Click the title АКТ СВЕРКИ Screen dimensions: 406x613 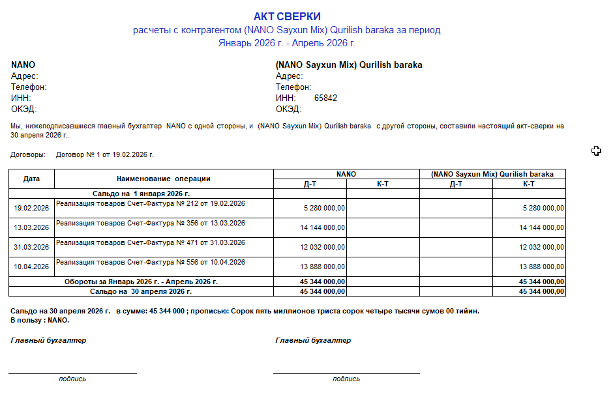tap(287, 16)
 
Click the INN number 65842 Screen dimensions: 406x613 tap(325, 98)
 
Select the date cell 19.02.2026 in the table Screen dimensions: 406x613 tap(31, 208)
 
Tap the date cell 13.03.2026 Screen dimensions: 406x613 tap(31, 227)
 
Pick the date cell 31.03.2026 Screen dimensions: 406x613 tap(31, 247)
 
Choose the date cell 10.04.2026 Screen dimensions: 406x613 tap(31, 267)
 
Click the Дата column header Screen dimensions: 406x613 tap(31, 179)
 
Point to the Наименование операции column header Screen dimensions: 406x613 tap(164, 179)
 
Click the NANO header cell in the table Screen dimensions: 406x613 tap(346, 174)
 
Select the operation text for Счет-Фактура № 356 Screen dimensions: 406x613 tap(151, 223)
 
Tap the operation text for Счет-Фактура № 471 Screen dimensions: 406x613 tap(151, 242)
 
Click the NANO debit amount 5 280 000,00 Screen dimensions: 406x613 tap(324, 208)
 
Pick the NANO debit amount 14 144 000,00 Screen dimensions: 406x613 tap(322, 227)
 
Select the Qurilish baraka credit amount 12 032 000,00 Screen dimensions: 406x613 tap(541, 247)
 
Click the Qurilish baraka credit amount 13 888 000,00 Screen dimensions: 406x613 tap(541, 267)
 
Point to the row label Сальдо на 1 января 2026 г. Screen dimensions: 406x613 tap(141, 194)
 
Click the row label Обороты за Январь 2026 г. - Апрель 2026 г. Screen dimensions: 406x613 tap(141, 282)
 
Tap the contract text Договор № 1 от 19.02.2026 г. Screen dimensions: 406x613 tap(104, 155)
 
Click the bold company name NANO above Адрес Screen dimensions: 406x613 tap(23, 65)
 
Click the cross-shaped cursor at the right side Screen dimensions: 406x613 tap(596, 151)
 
